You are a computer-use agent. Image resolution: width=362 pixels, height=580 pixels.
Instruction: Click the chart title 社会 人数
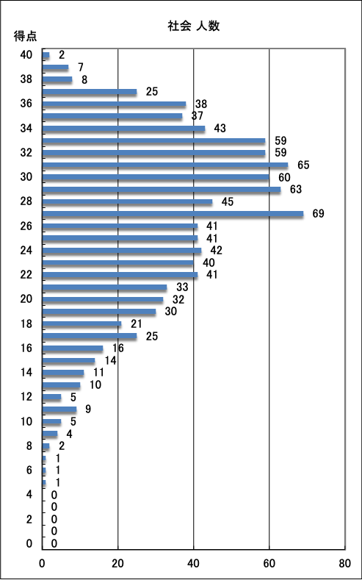(x=194, y=26)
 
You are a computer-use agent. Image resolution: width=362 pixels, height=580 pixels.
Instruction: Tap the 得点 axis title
(x=26, y=37)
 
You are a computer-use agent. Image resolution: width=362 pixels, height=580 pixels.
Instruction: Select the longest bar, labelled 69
(x=173, y=213)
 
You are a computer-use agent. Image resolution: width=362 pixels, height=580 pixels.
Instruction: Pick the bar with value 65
(x=165, y=165)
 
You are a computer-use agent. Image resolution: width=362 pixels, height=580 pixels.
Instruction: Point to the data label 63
(x=296, y=190)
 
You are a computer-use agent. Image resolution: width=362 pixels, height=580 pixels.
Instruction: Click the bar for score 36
(x=114, y=104)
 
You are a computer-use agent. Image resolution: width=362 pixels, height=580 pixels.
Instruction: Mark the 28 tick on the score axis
(x=26, y=201)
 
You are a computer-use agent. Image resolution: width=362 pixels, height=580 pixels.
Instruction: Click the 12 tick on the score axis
(x=26, y=397)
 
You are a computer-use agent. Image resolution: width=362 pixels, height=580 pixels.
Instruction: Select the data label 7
(x=81, y=68)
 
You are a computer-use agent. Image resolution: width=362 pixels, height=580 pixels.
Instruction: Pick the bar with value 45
(x=128, y=201)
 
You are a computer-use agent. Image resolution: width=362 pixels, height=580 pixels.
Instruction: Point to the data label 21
(x=137, y=323)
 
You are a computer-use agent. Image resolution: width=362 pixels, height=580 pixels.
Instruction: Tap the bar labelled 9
(x=59, y=409)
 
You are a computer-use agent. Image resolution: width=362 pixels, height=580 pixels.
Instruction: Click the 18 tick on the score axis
(x=26, y=323)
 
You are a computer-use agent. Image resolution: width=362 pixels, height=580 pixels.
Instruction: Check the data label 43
(x=220, y=129)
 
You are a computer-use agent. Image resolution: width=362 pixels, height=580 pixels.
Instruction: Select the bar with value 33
(x=105, y=287)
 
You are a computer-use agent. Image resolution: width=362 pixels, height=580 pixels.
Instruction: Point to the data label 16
(x=117, y=348)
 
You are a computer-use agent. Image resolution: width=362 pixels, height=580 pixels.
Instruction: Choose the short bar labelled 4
(x=50, y=434)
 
